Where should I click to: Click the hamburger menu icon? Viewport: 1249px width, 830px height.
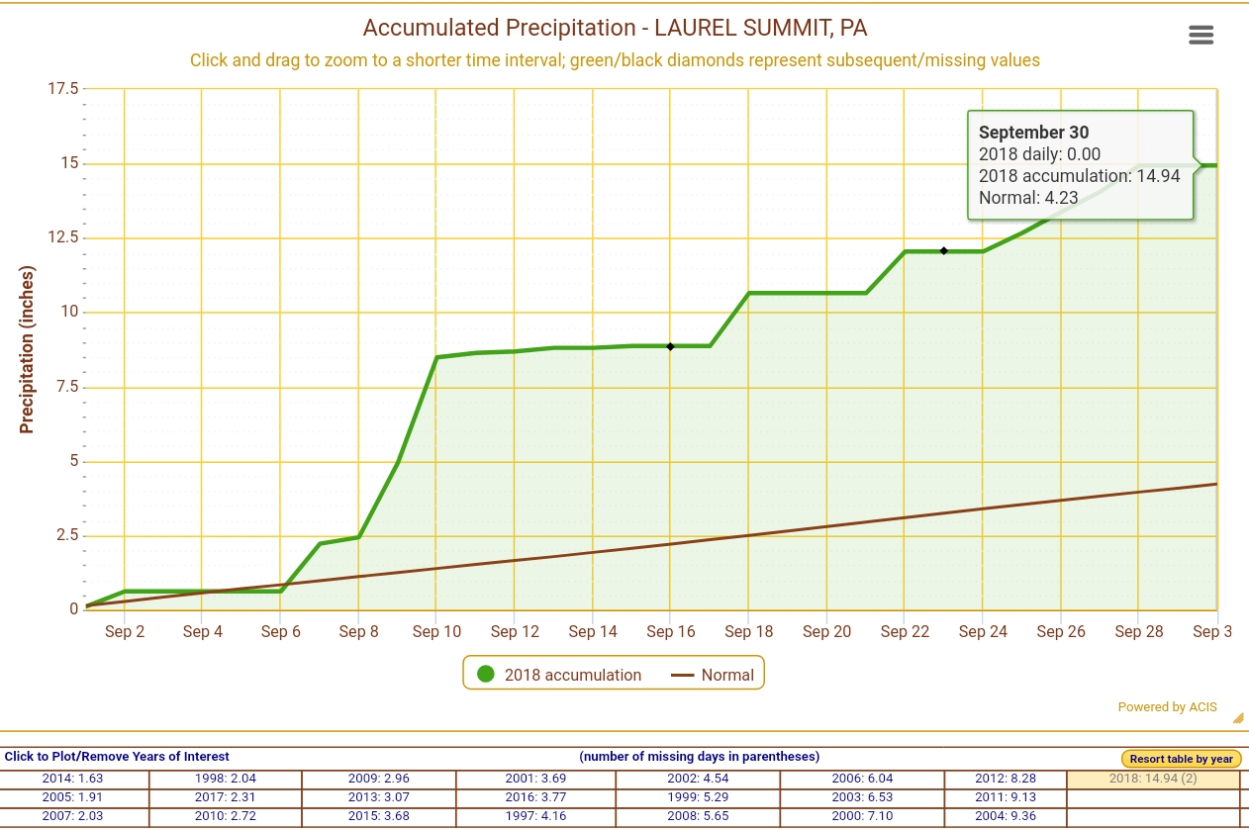pos(1201,36)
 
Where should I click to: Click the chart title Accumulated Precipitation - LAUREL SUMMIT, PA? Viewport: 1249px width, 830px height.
pos(615,27)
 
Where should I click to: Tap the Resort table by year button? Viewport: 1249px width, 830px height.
pos(1181,759)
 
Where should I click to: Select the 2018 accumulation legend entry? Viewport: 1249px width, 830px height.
pos(560,675)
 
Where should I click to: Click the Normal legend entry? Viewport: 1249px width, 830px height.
pos(713,675)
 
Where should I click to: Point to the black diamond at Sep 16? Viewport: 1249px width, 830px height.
pos(670,346)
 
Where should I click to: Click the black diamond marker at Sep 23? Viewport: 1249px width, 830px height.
pos(944,251)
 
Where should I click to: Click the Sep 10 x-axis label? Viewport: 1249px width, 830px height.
pos(436,631)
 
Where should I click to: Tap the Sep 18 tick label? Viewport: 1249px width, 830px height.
pos(749,631)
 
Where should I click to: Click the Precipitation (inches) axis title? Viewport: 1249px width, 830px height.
pos(27,349)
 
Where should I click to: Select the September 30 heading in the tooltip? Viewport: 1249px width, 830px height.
pos(1033,133)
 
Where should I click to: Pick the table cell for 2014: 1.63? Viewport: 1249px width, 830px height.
pos(72,779)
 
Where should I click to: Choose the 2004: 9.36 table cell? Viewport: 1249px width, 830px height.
pos(1005,816)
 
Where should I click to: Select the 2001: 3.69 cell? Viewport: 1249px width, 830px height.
pos(535,779)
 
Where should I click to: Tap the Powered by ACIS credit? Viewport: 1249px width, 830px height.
pos(1167,707)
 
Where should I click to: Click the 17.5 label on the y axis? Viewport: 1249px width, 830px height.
pos(61,88)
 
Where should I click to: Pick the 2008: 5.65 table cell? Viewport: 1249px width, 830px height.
pos(697,816)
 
